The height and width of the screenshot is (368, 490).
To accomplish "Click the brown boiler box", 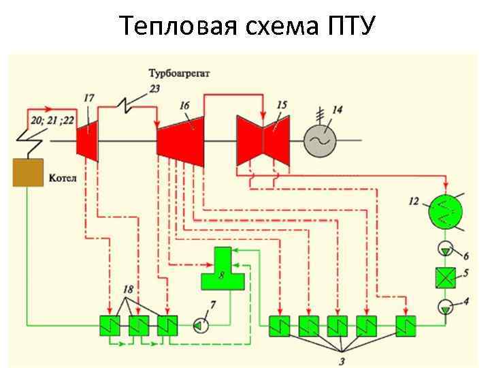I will click(x=28, y=172).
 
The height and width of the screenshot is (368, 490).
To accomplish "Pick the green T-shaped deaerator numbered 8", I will click(x=222, y=271).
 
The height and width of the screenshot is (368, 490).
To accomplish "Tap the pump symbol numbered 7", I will click(x=198, y=326).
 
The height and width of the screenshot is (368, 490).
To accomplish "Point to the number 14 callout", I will click(x=338, y=109).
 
